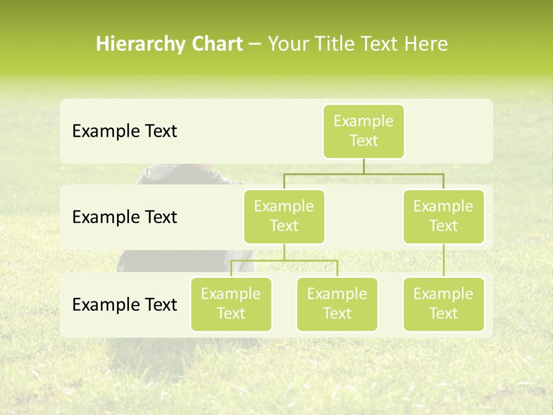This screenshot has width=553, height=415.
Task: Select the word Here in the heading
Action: pos(426,44)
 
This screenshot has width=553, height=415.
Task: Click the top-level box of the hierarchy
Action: pos(363,131)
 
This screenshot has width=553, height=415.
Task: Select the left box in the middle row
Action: pos(284,216)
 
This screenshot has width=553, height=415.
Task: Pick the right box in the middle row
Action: pos(444,216)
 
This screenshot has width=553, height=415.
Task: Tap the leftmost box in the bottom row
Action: pos(231,304)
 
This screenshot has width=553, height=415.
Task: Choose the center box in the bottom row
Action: pos(337,304)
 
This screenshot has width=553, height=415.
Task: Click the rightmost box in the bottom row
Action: pos(444,304)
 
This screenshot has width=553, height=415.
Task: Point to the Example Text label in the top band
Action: pos(124,131)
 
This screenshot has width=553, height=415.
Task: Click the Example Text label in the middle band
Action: pos(124,217)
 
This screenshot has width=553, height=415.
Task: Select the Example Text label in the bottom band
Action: pos(124,305)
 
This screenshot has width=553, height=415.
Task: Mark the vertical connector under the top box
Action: pos(363,166)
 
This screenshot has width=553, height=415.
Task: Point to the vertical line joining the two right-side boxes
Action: pos(444,261)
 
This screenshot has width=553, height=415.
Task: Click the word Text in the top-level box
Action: pos(363,141)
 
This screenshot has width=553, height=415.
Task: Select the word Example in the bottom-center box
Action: pos(337,294)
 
